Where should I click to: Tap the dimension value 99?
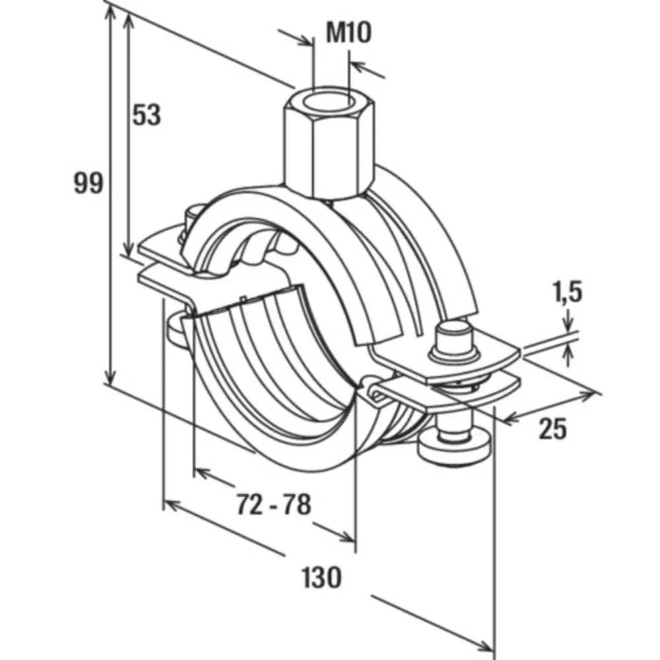click(88, 183)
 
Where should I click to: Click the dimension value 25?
click(552, 429)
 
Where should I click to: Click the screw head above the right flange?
click(455, 337)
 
